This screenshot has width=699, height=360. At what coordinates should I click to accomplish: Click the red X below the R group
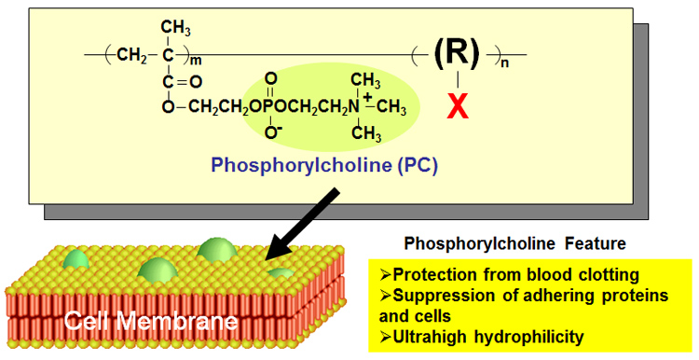tap(457, 106)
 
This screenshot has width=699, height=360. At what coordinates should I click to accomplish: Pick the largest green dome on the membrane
tap(216, 253)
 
